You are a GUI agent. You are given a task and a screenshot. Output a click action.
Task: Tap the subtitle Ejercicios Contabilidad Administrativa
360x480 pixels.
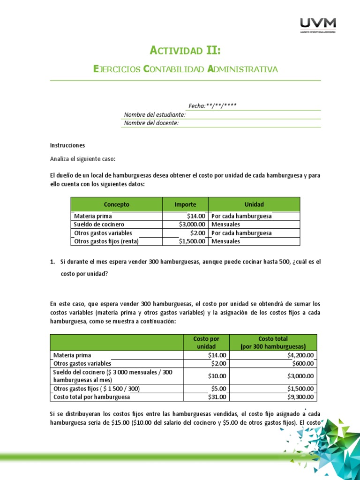pos(186,69)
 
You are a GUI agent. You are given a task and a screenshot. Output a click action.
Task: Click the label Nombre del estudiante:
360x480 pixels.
pos(155,115)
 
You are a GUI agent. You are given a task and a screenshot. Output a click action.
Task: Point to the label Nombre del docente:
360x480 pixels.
pos(151,123)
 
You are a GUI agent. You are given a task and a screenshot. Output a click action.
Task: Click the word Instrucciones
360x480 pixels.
pos(67,145)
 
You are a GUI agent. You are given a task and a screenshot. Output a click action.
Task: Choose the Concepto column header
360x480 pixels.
pos(116,204)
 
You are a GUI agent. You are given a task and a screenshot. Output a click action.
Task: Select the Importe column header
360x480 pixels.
pos(185,204)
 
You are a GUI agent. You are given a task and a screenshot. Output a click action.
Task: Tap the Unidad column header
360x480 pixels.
pos(254,204)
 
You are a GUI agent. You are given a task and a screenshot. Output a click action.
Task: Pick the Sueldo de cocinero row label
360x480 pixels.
pos(99,225)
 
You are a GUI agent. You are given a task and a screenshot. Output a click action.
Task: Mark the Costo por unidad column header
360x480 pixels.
pos(206,342)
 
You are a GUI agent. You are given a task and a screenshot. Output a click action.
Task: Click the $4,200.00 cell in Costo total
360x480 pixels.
pos(300,355)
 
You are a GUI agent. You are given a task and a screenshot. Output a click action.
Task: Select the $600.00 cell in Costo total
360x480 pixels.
pos(303,363)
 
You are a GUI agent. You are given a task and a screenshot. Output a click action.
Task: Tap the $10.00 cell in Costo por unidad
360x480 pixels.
pos(217,376)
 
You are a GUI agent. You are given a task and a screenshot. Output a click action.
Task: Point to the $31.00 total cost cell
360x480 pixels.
pos(217,397)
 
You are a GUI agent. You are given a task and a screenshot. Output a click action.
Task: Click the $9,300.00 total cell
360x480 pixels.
pos(300,397)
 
